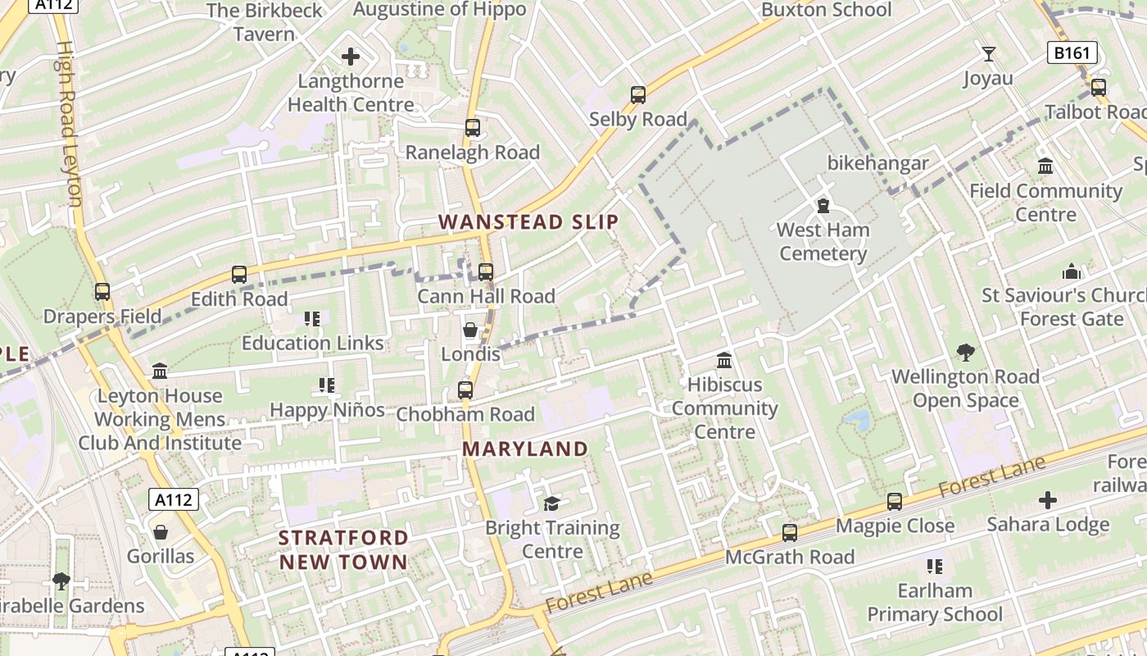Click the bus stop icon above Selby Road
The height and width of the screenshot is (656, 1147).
[x=638, y=95]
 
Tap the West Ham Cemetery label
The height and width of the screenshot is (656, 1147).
[x=823, y=242]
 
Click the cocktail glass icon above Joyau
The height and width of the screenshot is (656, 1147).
[x=989, y=54]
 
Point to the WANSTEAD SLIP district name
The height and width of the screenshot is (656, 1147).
[x=528, y=222]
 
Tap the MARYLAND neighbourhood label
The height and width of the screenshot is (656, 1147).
[x=525, y=449]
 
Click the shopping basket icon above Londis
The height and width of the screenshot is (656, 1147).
[x=470, y=330]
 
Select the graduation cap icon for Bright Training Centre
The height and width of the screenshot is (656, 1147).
[x=552, y=503]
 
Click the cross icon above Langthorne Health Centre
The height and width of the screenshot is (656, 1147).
[x=351, y=57]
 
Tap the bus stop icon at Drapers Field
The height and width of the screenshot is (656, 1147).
[x=102, y=291]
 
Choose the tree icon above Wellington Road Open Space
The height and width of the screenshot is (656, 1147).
[x=966, y=353]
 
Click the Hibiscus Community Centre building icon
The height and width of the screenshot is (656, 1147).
[x=724, y=360]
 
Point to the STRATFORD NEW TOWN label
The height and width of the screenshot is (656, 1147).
[x=343, y=550]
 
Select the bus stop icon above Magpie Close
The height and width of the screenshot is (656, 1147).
[x=895, y=501]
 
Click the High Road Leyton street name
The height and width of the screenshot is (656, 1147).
[x=69, y=123]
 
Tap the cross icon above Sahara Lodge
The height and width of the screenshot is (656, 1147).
[x=1048, y=499]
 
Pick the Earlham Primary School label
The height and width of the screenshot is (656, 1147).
[x=935, y=603]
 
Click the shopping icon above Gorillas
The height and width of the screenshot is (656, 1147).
[x=161, y=532]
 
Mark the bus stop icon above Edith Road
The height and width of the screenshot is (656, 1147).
[x=239, y=275]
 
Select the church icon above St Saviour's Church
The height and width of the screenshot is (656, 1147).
[x=1072, y=271]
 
